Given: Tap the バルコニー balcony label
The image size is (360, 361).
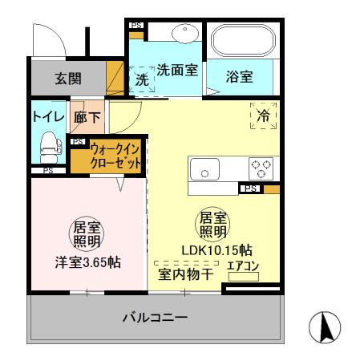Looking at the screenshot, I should [155, 318].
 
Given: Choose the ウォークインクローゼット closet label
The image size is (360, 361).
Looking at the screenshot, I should [116, 155].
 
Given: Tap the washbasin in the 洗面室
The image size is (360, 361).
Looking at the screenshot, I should [185, 34].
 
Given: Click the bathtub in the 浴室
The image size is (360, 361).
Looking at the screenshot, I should [242, 40].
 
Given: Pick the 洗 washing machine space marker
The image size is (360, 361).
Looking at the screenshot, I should [143, 80].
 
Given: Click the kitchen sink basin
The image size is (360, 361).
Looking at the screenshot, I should [205, 170].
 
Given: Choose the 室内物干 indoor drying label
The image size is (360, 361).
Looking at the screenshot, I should [184, 274].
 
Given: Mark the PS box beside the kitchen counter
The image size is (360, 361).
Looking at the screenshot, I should [251, 189].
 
